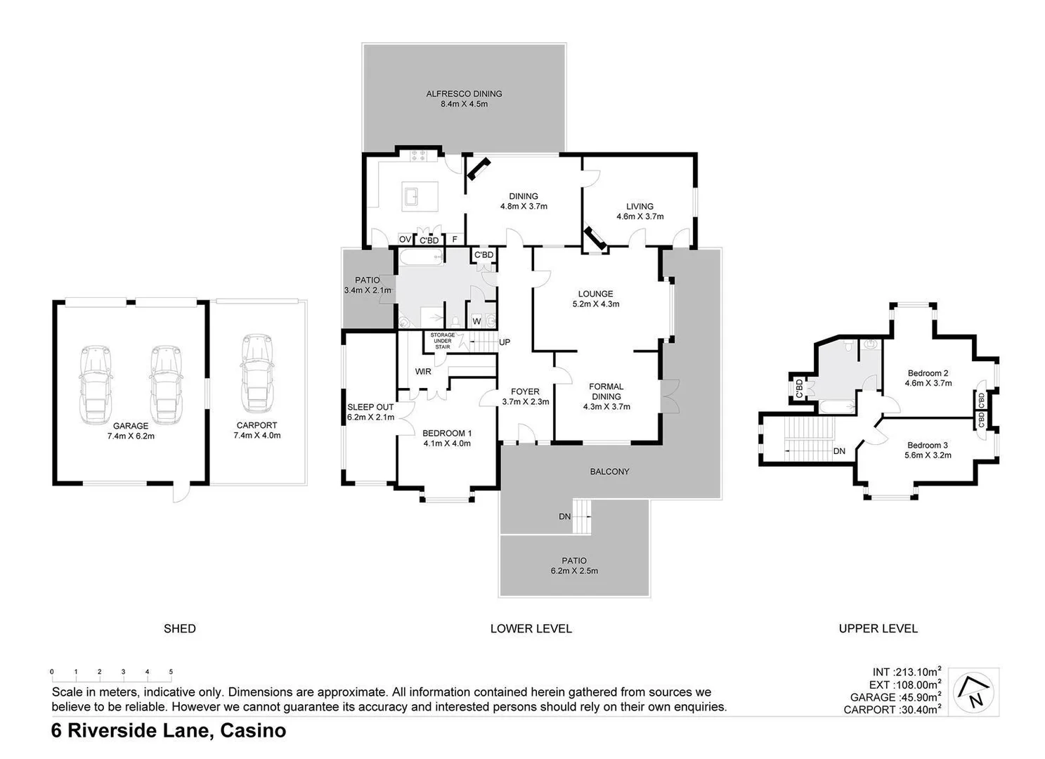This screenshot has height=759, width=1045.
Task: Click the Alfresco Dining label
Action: pos(464,93)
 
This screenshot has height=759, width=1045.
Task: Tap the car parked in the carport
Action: pos(257,373)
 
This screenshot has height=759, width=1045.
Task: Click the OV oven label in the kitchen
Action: pos(405,240)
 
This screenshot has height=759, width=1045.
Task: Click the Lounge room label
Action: pos(595,294)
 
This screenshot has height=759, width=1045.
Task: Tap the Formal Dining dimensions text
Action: pos(606,406)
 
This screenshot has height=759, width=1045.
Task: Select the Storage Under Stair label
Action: pos(442,341)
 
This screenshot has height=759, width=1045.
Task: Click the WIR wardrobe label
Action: pos(423,372)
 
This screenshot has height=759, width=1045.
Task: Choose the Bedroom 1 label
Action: pos(447,433)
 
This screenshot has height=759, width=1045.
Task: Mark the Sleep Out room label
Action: pos(370,407)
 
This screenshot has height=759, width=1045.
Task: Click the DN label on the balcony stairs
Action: pos(564,517)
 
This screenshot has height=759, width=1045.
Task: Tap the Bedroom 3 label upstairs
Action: pos(927,445)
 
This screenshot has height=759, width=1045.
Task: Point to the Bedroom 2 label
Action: pos(928,373)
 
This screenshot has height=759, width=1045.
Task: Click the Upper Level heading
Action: pos(878,628)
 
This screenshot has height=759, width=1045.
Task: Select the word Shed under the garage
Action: pos(179,628)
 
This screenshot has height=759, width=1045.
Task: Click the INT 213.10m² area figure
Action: pos(907,672)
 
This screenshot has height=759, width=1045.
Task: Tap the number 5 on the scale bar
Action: pos(171,672)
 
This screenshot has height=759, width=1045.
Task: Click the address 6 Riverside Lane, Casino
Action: pos(169,731)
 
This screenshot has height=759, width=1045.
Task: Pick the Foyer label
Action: pos(525,391)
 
